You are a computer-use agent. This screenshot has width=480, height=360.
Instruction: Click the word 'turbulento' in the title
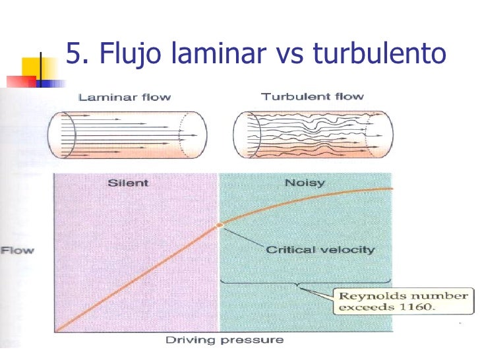pyautogui.click(x=379, y=52)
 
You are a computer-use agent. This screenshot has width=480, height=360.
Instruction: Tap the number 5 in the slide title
pyautogui.click(x=73, y=53)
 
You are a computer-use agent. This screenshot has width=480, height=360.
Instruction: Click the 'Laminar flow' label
pyautogui.click(x=125, y=98)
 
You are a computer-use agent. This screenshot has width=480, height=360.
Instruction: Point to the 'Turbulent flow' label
pyautogui.click(x=313, y=97)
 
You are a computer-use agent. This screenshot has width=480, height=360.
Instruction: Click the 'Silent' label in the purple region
pyautogui.click(x=128, y=183)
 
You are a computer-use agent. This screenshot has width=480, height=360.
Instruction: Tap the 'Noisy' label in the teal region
pyautogui.click(x=305, y=183)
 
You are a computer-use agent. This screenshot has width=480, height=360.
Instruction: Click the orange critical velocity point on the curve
pyautogui.click(x=220, y=225)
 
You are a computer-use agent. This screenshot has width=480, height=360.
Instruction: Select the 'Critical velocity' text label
pyautogui.click(x=320, y=250)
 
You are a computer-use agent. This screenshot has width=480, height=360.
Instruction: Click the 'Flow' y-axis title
pyautogui.click(x=17, y=251)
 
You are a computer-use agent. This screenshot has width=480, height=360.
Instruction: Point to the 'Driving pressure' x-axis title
pyautogui.click(x=225, y=340)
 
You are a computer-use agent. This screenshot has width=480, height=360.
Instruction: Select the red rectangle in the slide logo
pyautogui.click(x=21, y=82)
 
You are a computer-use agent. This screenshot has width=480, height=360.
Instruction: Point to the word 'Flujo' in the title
pyautogui.click(x=131, y=53)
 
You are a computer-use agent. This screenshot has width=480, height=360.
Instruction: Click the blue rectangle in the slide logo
pyautogui.click(x=51, y=84)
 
